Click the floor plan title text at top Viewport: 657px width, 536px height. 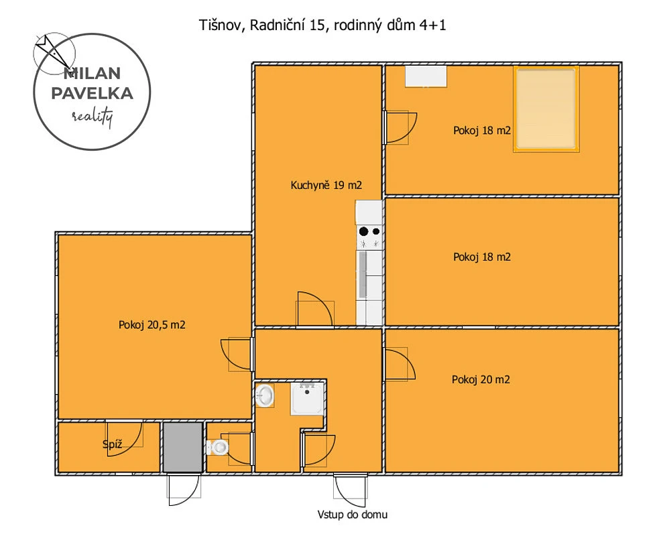click(322, 25)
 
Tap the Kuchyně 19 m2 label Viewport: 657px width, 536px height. click(326, 185)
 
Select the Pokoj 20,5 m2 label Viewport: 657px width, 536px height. click(152, 325)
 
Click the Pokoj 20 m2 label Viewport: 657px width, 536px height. click(481, 380)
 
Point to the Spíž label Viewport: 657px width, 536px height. click(113, 444)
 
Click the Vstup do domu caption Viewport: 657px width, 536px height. click(353, 515)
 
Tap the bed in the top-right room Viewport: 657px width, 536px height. click(546, 109)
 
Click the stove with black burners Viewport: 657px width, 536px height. click(369, 237)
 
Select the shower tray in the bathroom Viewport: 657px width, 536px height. click(308, 398)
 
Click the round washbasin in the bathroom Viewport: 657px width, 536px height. click(264, 395)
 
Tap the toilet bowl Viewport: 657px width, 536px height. click(218, 447)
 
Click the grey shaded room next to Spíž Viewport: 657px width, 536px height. click(182, 448)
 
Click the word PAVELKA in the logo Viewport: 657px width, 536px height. click(93, 93)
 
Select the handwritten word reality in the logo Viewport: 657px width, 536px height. click(93, 117)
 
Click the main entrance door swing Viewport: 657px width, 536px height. click(351, 490)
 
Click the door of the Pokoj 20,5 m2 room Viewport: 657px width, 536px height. click(237, 354)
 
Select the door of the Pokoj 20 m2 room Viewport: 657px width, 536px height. click(400, 364)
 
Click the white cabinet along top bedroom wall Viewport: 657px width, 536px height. click(426, 76)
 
